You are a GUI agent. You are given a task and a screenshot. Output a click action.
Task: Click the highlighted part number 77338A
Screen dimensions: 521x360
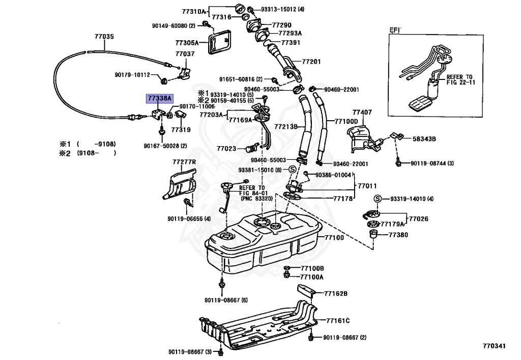pyautogui.click(x=160, y=98)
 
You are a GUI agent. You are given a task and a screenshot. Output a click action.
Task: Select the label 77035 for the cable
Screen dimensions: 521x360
pyautogui.click(x=104, y=36)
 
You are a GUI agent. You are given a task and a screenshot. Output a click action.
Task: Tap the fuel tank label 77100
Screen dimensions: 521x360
pyautogui.click(x=334, y=238)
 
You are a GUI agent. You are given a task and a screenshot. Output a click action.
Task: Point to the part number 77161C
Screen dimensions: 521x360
pyautogui.click(x=338, y=321)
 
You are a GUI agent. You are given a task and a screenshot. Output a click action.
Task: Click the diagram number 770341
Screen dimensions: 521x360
pyautogui.click(x=494, y=346)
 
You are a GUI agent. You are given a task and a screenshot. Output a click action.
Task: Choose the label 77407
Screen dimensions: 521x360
pyautogui.click(x=362, y=113)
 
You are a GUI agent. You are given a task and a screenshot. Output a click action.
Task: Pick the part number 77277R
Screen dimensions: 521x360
pyautogui.click(x=184, y=162)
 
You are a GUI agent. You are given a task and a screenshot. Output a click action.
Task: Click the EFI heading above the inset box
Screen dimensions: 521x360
pyautogui.click(x=395, y=30)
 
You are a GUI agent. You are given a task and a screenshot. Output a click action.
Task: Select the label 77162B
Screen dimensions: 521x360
pyautogui.click(x=336, y=293)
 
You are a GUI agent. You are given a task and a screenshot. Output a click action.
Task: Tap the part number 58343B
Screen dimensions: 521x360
pyautogui.click(x=424, y=139)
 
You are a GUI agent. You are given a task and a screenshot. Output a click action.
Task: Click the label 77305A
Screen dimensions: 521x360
pyautogui.click(x=187, y=43)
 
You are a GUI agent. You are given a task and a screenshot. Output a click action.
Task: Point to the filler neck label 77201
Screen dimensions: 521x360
pyautogui.click(x=311, y=62)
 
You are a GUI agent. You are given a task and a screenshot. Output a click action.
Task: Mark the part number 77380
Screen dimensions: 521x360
pyautogui.click(x=398, y=235)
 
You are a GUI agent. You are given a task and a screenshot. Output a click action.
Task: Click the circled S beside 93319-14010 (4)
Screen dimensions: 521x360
pyautogui.click(x=377, y=199)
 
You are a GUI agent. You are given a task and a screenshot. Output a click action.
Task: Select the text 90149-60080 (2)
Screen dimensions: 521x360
pyautogui.click(x=174, y=25)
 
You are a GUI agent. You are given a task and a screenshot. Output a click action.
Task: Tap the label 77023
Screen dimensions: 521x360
pyautogui.click(x=226, y=149)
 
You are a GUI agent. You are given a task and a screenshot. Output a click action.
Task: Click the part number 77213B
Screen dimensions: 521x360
pyautogui.click(x=286, y=127)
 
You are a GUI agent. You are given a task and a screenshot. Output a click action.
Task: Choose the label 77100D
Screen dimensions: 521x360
pyautogui.click(x=346, y=122)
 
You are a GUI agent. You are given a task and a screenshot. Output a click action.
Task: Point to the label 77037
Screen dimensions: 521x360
pyautogui.click(x=185, y=53)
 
